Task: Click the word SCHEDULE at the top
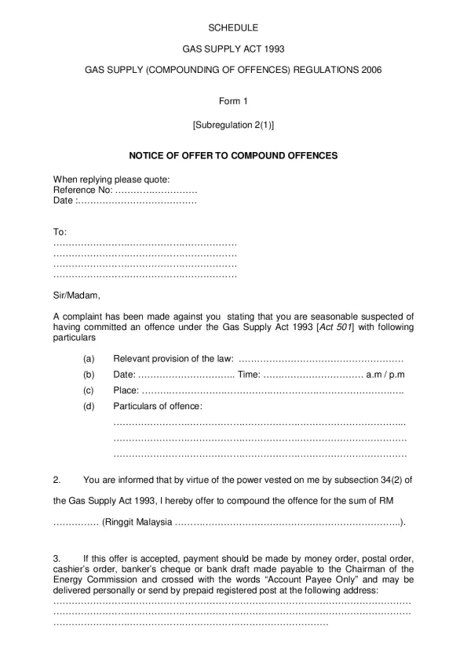pyautogui.click(x=232, y=27)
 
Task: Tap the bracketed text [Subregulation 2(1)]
pyautogui.click(x=233, y=125)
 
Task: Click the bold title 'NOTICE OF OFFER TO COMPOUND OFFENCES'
pyautogui.click(x=233, y=156)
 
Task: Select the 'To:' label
pyautogui.click(x=60, y=233)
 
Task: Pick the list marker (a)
pyautogui.click(x=89, y=359)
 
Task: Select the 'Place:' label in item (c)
pyautogui.click(x=126, y=390)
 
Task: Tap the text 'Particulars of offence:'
pyautogui.click(x=158, y=406)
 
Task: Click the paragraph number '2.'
pyautogui.click(x=57, y=479)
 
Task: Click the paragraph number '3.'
pyautogui.click(x=57, y=557)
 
